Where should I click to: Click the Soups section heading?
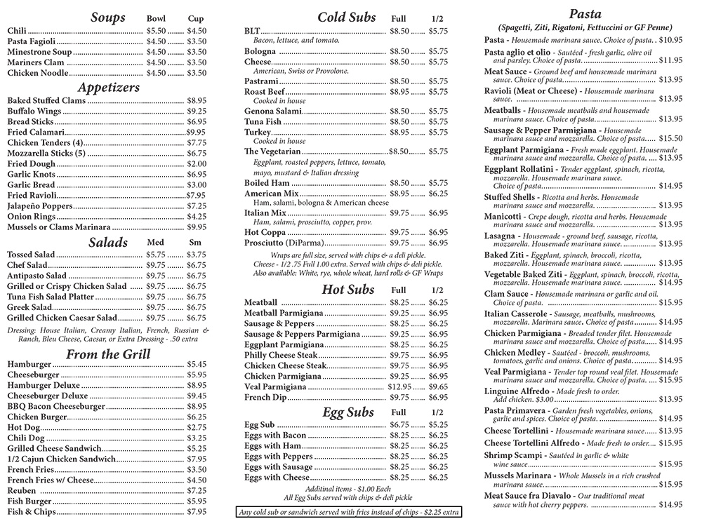coord(107,18)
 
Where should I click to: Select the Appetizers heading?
coord(109,88)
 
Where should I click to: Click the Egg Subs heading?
coord(348,412)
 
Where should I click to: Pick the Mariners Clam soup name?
coord(37,62)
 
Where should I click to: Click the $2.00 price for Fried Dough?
coord(197,163)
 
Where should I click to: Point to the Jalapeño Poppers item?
coord(40,206)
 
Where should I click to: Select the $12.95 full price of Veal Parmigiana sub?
coord(399,387)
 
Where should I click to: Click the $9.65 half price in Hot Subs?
coord(438,387)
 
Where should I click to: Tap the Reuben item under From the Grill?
coord(22,490)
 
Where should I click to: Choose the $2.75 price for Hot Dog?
coord(197,427)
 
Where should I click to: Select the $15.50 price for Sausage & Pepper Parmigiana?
coord(670,138)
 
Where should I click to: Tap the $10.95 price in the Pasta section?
coord(670,40)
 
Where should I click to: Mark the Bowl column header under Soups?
coord(156,19)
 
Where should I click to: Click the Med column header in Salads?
coord(155,243)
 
